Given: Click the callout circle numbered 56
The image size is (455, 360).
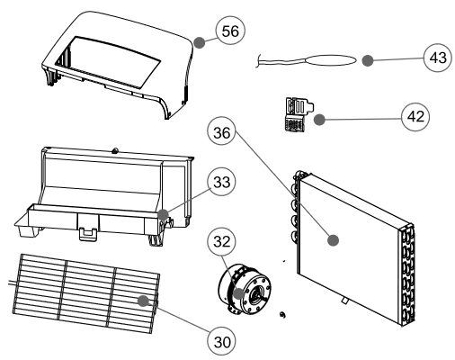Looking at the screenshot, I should [x=230, y=31].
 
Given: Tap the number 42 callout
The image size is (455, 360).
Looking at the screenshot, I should [x=414, y=117].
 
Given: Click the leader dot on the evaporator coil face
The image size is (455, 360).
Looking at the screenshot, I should [x=332, y=239].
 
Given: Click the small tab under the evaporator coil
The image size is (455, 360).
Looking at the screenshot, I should [x=345, y=300].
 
